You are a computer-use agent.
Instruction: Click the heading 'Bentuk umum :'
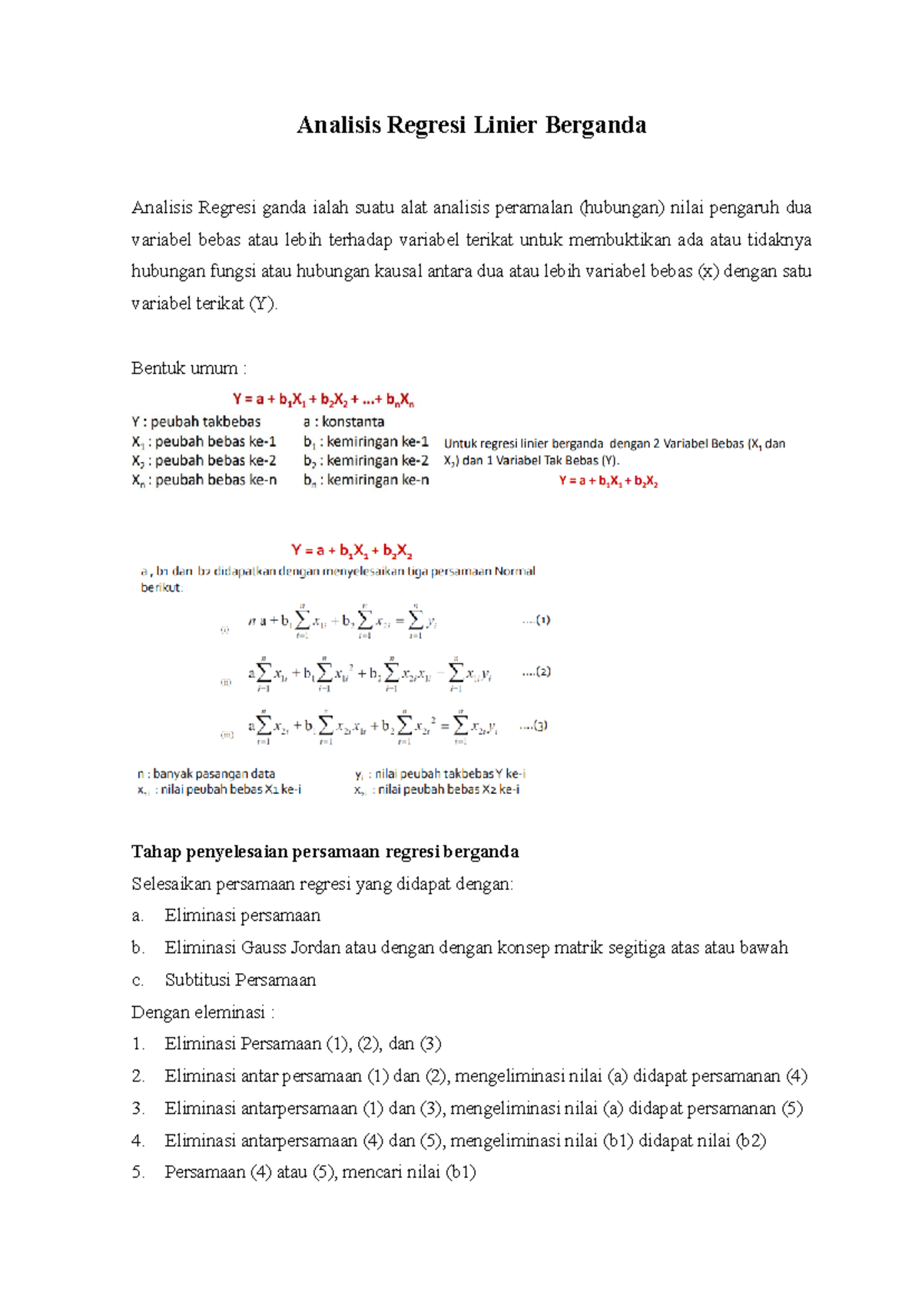[188, 368]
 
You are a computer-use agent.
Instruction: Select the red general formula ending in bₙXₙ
[323, 400]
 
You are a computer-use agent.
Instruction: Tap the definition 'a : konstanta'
[343, 422]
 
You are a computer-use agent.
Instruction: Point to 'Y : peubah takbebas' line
[196, 422]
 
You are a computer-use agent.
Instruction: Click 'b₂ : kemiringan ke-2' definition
[366, 460]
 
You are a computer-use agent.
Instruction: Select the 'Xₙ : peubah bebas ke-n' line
[204, 480]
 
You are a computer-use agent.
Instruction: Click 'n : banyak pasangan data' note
[206, 774]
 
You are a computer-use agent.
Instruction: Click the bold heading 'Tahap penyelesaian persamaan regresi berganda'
[324, 852]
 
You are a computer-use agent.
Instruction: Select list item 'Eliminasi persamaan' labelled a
[242, 915]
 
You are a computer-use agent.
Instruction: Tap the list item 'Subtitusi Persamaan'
[240, 980]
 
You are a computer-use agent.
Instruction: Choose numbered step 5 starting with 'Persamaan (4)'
[320, 1172]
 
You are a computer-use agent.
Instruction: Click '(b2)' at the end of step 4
[751, 1141]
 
